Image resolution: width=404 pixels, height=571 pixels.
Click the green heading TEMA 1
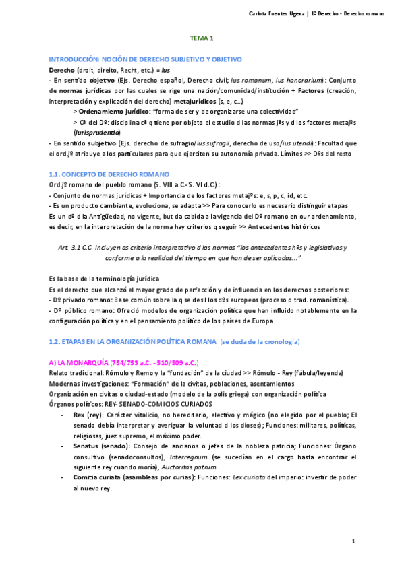coord(202,39)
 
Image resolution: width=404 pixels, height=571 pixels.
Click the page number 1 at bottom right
coord(353,542)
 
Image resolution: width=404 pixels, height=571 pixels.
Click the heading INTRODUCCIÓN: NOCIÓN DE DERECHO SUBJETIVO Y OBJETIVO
coord(146,60)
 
